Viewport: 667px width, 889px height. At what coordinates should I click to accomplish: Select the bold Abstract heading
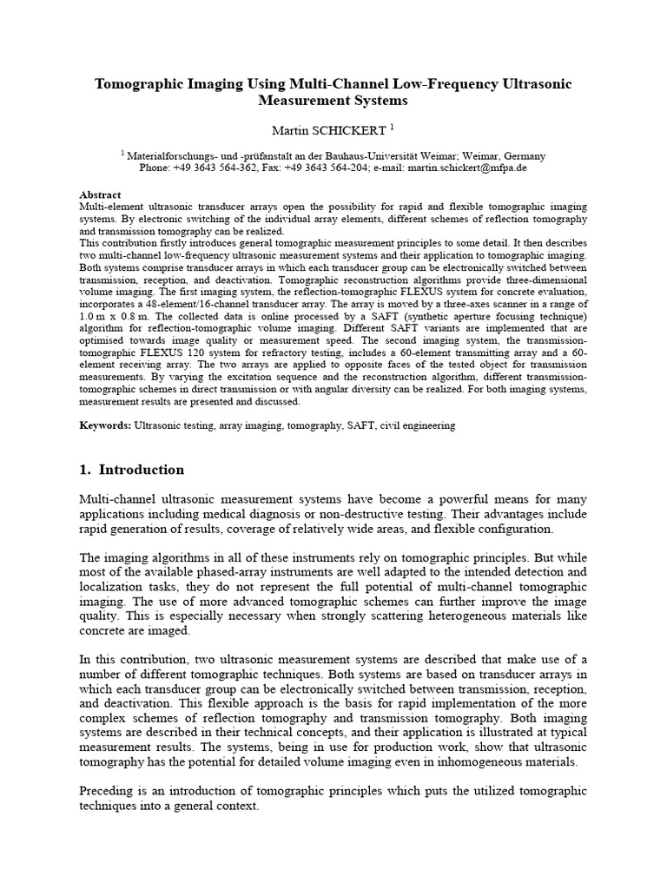[x=100, y=195]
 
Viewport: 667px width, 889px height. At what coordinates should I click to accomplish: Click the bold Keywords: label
[x=105, y=426]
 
